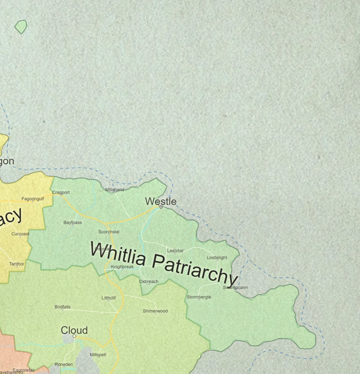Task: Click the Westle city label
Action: (161, 201)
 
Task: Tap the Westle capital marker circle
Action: (161, 207)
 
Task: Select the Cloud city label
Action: (74, 330)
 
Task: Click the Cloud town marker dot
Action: (74, 336)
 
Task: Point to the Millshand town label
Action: (115, 189)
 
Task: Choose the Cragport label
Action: (61, 192)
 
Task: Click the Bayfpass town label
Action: (72, 223)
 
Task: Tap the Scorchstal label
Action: (109, 232)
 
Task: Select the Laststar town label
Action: (175, 251)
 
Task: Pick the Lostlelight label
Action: (217, 257)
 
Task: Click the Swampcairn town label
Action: (235, 287)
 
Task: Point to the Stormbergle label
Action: (199, 297)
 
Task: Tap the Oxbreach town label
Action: (149, 282)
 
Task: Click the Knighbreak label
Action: (122, 267)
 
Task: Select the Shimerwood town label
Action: (155, 311)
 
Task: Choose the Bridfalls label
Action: (62, 307)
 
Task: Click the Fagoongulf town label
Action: (33, 199)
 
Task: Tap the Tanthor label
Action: (17, 264)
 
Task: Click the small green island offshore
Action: (21, 27)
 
